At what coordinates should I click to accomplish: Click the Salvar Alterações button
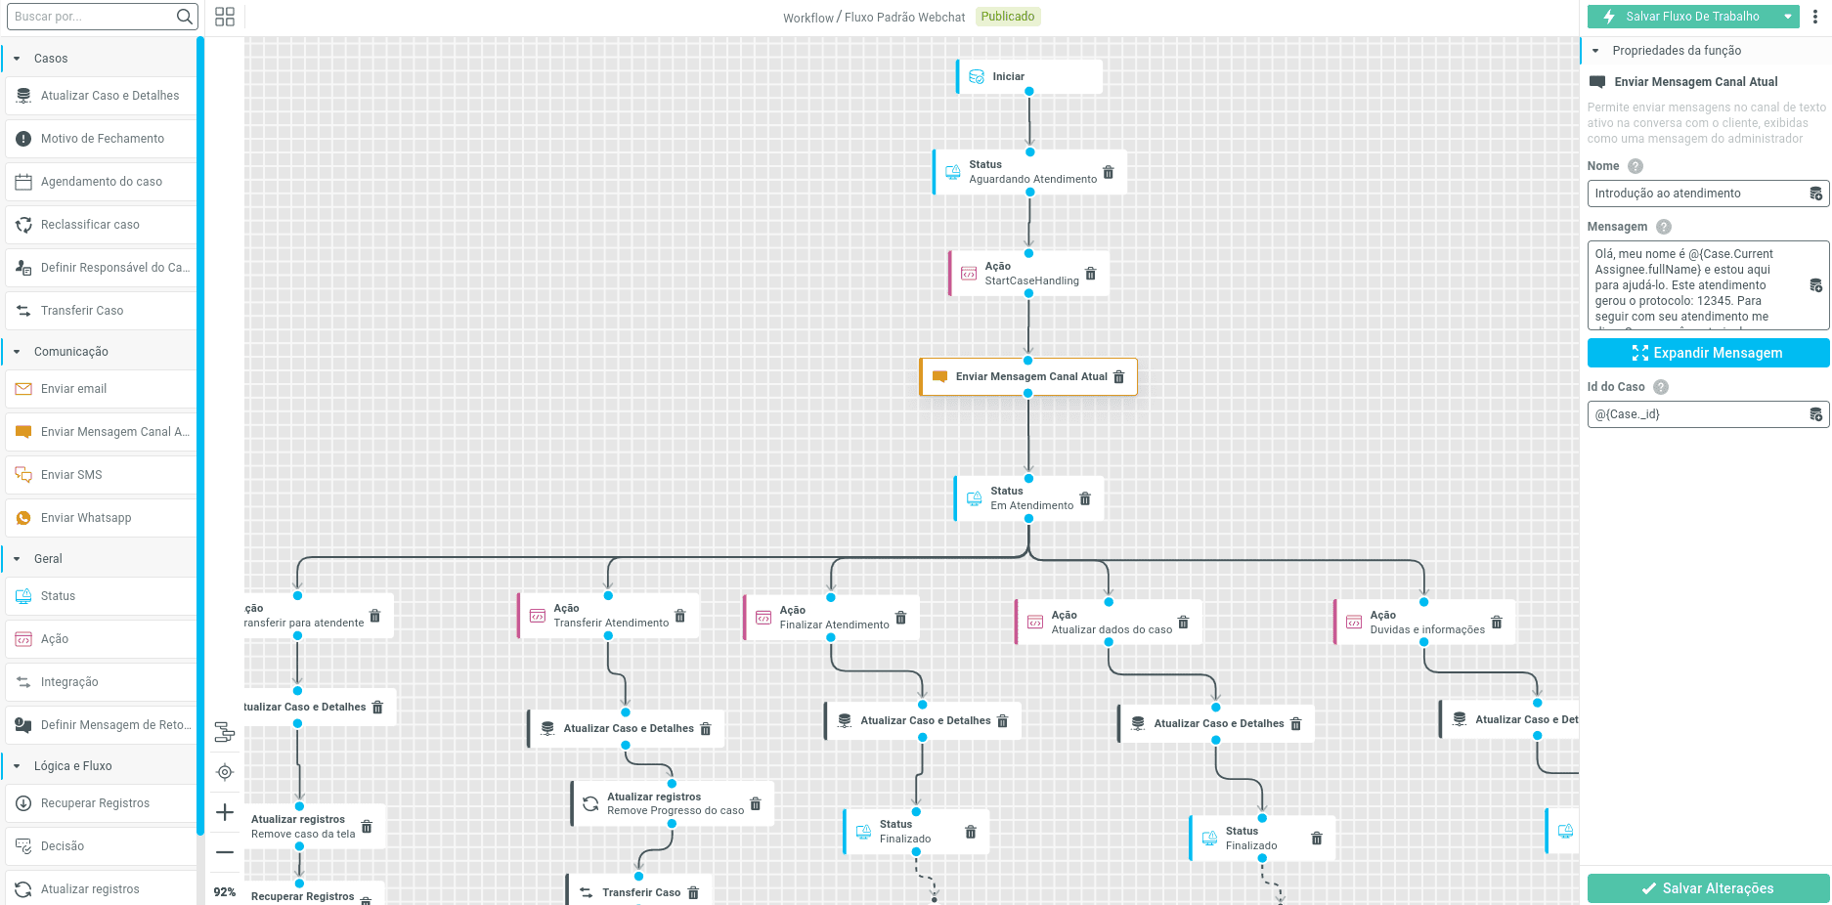point(1707,888)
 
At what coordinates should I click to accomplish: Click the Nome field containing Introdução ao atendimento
point(1697,194)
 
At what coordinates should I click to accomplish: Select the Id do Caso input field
point(1697,414)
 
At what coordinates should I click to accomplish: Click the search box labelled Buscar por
point(93,17)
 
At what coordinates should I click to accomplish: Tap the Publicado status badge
point(1007,17)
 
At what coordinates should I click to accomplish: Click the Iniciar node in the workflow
point(1028,76)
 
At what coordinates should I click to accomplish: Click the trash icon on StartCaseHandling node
point(1091,274)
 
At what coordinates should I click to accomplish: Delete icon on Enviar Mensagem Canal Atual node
point(1119,377)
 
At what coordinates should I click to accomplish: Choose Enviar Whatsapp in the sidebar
point(86,518)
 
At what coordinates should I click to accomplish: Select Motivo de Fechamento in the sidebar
point(103,139)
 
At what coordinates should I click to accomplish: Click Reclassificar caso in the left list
point(90,225)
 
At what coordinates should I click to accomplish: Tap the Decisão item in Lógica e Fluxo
point(63,846)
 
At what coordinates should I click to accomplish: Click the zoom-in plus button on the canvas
point(225,812)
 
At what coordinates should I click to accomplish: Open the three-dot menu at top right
point(1815,17)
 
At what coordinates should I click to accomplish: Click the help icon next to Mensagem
point(1664,227)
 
